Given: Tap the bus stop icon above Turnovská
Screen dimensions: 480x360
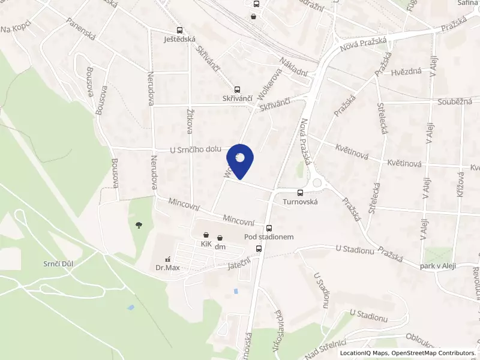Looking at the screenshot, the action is (300, 193).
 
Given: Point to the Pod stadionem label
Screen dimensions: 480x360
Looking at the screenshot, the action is (269, 237).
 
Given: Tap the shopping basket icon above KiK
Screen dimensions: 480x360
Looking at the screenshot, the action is (206, 235).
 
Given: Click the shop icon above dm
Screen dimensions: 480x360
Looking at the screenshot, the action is (220, 238).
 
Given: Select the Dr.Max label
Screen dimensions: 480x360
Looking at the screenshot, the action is (168, 268).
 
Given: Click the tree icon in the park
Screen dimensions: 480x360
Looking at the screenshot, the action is (139, 225).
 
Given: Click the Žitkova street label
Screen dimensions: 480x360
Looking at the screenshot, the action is (189, 120).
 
